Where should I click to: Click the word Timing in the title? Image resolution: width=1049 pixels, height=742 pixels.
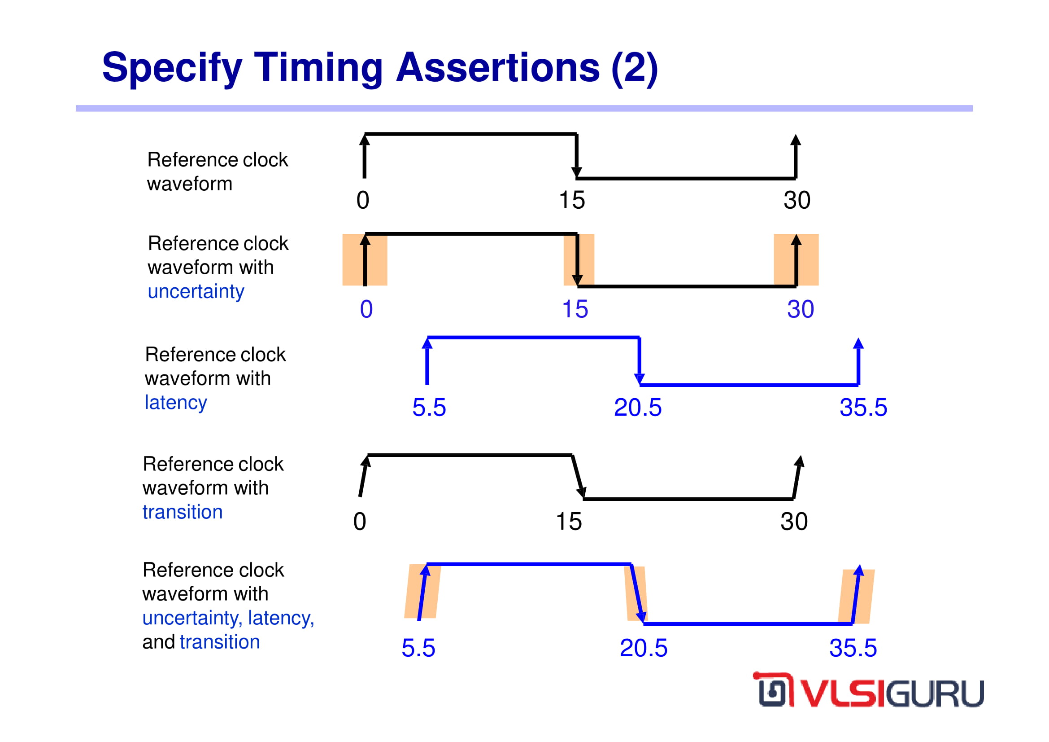pyautogui.click(x=318, y=69)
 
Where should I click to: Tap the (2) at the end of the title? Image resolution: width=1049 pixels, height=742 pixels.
pyautogui.click(x=635, y=69)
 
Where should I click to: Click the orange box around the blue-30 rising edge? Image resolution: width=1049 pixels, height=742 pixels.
pyautogui.click(x=796, y=259)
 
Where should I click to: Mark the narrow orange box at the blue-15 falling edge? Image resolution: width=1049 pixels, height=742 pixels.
pyautogui.click(x=579, y=259)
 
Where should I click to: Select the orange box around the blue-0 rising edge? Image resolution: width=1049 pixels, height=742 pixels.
pyautogui.click(x=365, y=259)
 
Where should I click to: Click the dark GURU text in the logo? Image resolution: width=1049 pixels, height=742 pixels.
pyautogui.click(x=935, y=694)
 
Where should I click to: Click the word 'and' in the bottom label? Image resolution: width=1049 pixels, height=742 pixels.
pyautogui.click(x=158, y=642)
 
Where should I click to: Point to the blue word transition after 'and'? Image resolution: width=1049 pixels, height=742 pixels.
pyautogui.click(x=220, y=642)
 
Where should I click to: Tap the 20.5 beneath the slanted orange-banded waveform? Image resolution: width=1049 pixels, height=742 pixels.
pyautogui.click(x=643, y=648)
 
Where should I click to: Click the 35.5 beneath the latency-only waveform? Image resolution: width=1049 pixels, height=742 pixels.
pyautogui.click(x=863, y=407)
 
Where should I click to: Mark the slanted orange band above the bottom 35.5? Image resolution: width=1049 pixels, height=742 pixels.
pyautogui.click(x=856, y=596)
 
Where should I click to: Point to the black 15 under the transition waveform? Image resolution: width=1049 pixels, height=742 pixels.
pyautogui.click(x=569, y=522)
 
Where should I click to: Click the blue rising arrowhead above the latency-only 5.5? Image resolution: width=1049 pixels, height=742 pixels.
pyautogui.click(x=427, y=343)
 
